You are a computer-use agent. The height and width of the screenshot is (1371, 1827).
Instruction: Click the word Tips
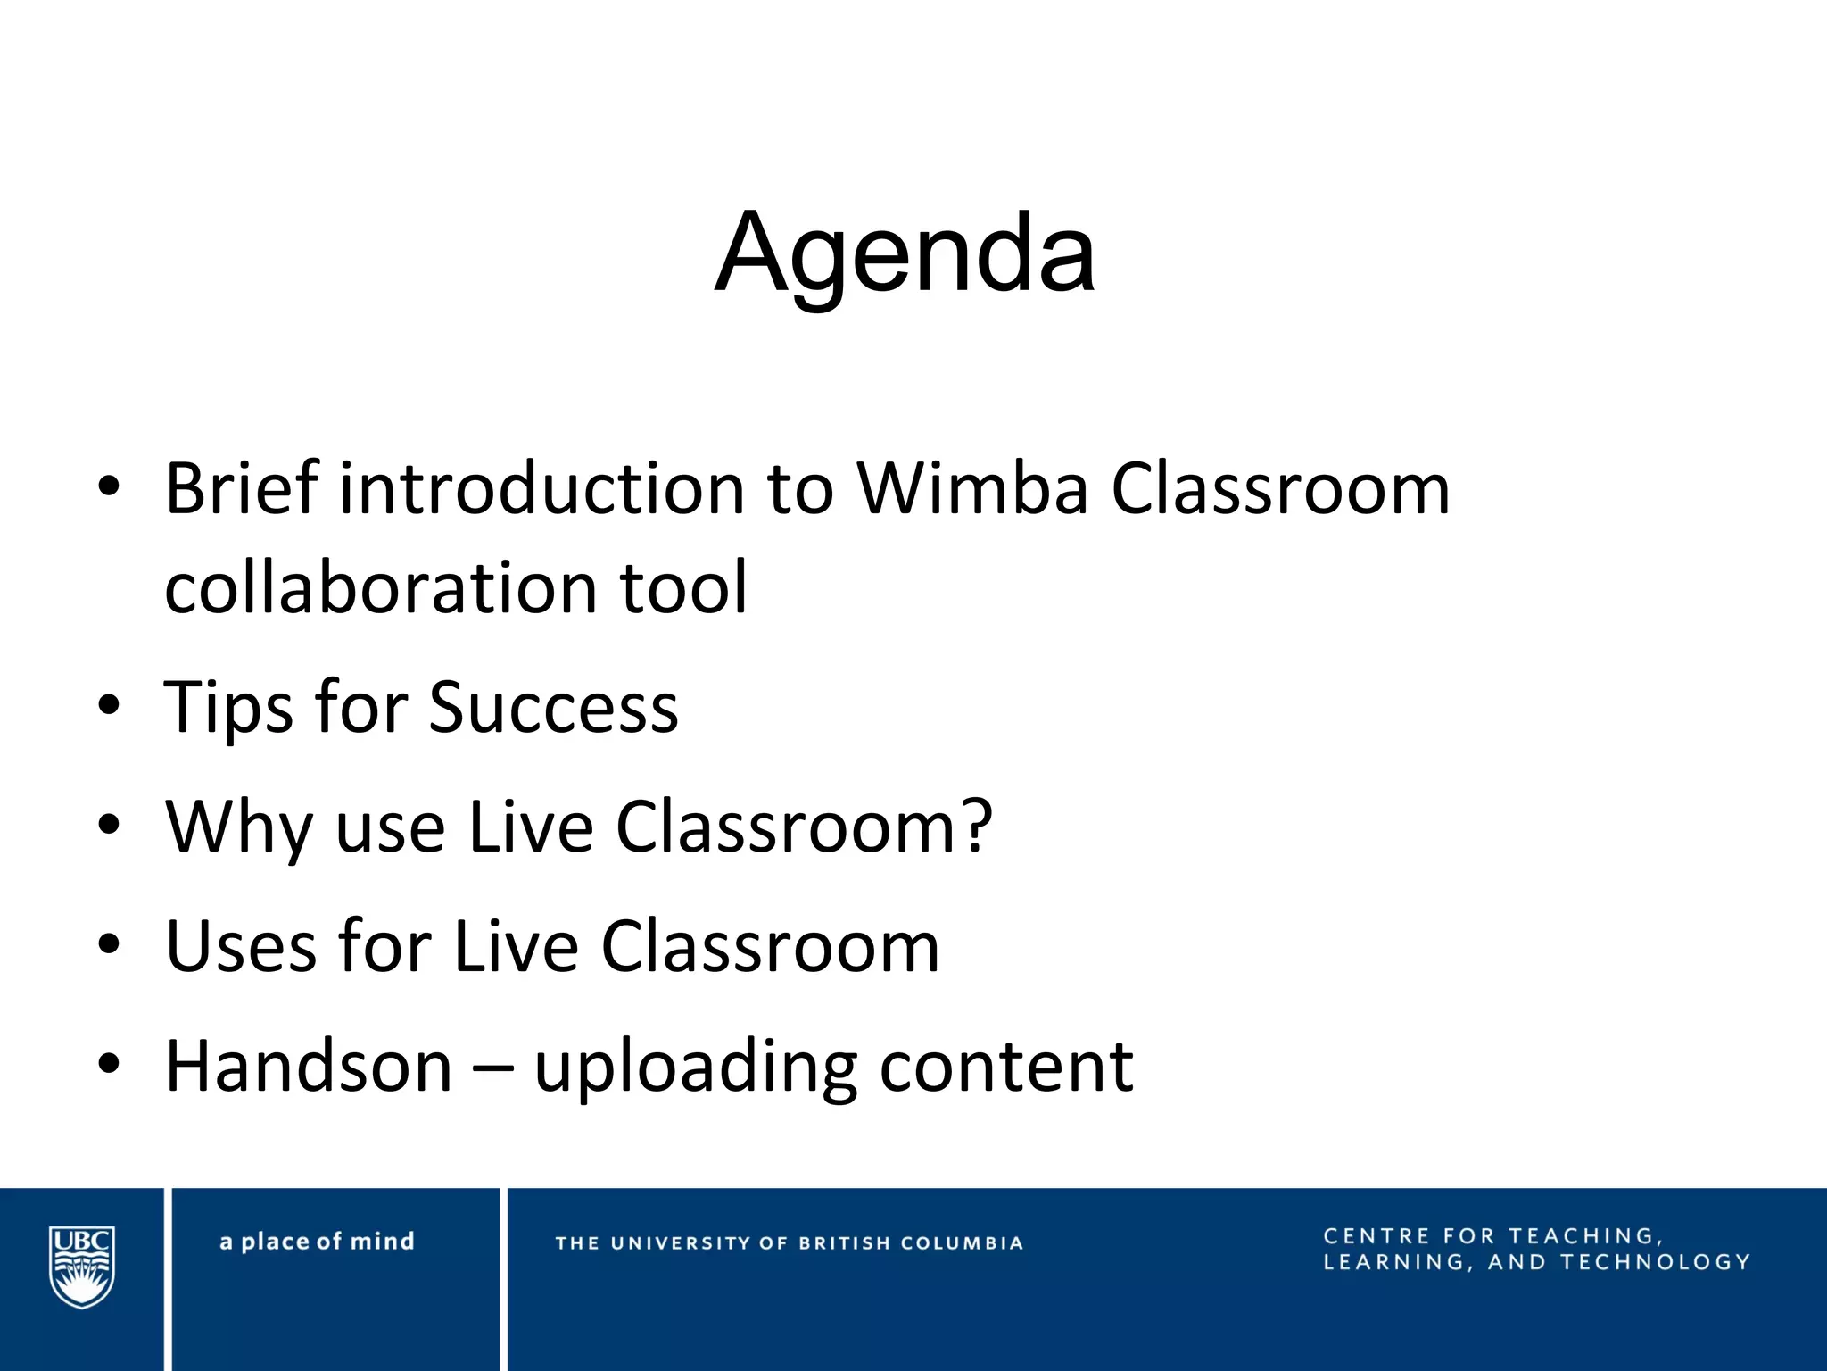pyautogui.click(x=228, y=708)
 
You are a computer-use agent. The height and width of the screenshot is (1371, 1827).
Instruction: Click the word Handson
pyautogui.click(x=309, y=1067)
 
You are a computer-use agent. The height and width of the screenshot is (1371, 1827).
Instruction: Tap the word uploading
pyautogui.click(x=696, y=1068)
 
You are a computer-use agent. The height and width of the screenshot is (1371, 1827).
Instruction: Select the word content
pyautogui.click(x=1006, y=1067)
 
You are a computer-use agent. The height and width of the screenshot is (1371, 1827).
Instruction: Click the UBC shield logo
pyautogui.click(x=81, y=1266)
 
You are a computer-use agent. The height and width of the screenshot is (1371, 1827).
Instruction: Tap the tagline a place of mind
pyautogui.click(x=317, y=1242)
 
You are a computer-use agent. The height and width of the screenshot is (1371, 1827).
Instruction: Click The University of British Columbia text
pyautogui.click(x=789, y=1243)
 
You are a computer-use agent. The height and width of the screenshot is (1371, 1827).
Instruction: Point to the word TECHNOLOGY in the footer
pyautogui.click(x=1655, y=1262)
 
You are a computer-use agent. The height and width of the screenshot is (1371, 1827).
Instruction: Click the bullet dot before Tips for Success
pyautogui.click(x=109, y=706)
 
